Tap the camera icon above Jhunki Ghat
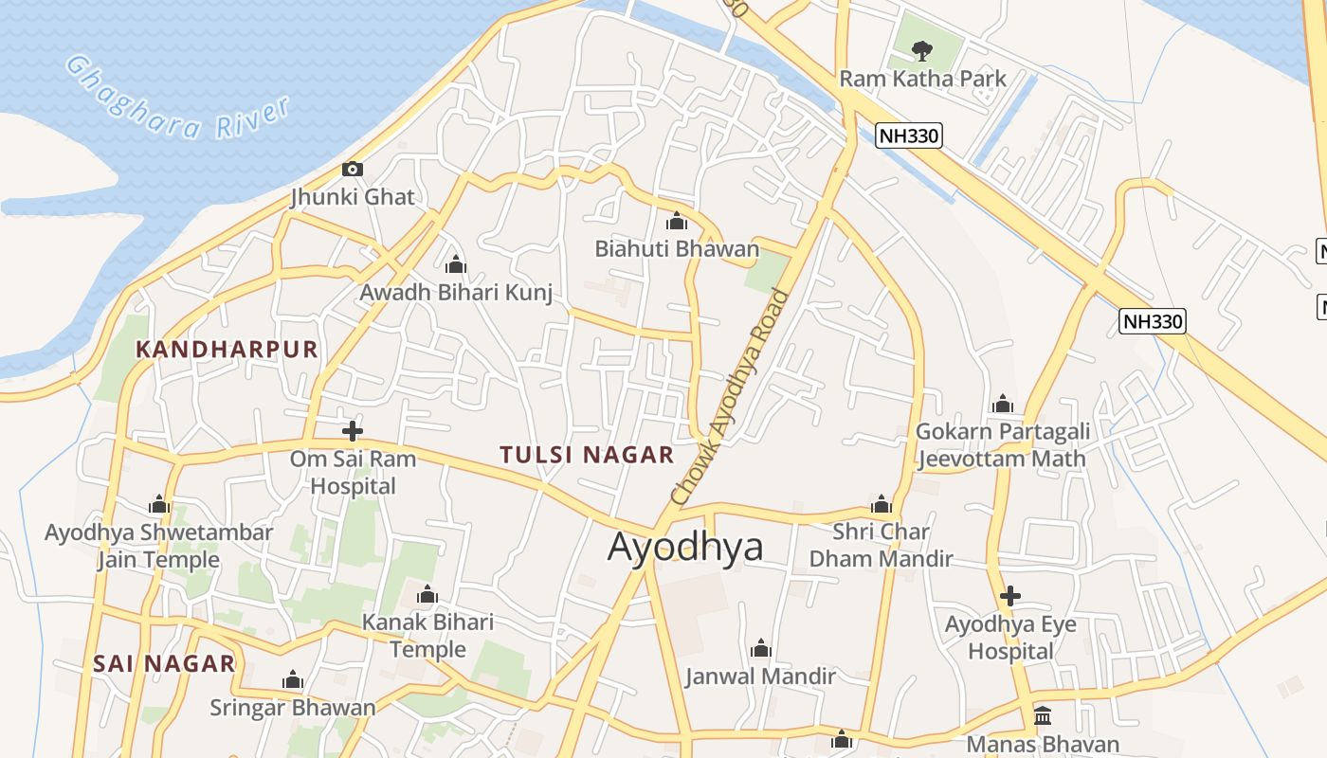353,170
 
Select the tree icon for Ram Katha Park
920,50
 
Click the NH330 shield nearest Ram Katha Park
908,135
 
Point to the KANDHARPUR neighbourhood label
227,349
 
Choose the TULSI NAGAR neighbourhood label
587,455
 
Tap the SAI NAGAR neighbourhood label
164,663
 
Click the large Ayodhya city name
685,548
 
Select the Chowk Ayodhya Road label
730,397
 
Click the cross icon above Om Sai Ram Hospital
353,431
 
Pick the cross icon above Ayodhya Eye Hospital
1010,596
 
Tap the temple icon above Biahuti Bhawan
677,222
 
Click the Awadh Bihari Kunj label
455,292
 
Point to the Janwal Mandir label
760,676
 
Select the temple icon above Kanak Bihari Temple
427,595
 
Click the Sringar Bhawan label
293,707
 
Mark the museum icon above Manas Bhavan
1043,715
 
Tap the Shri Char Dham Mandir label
881,545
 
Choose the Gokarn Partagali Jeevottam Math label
1002,445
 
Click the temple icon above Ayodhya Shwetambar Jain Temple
159,505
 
